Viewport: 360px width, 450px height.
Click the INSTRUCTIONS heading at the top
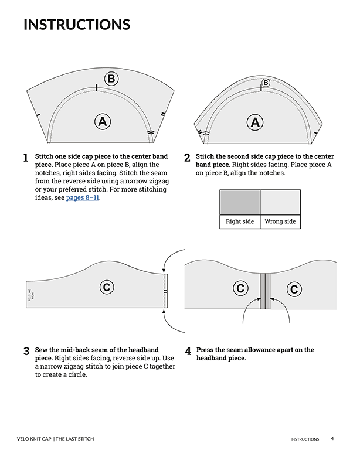point(76,25)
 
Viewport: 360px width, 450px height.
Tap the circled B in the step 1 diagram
point(111,79)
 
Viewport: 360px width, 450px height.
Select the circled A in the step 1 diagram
point(103,121)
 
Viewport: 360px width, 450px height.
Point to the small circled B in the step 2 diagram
point(266,83)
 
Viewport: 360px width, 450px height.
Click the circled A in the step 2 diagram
point(254,122)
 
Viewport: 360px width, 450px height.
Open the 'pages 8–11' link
point(83,198)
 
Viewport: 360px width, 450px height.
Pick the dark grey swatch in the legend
point(239,202)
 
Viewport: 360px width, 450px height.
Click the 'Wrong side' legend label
point(280,222)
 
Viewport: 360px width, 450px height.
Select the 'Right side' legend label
point(239,222)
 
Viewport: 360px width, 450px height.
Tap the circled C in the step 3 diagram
point(107,287)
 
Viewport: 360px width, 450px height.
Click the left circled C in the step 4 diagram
point(240,288)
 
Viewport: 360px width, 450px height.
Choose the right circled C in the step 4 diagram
point(294,288)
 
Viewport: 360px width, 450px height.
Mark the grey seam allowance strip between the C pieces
point(267,291)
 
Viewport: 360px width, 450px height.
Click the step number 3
point(26,352)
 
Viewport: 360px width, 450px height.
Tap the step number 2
point(187,158)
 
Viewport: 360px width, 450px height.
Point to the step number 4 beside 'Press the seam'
point(188,352)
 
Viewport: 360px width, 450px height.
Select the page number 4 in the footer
point(332,438)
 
